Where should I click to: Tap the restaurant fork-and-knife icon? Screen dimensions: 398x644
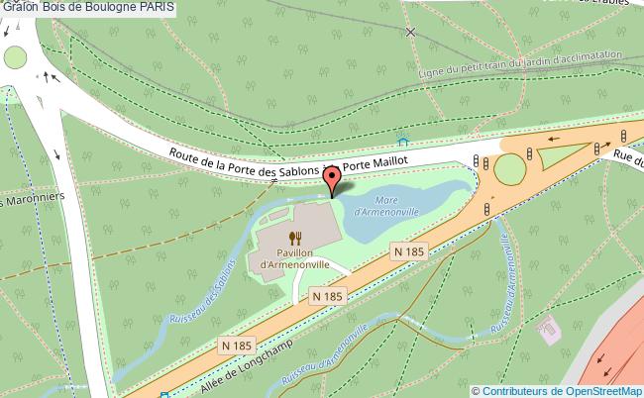coord(294,238)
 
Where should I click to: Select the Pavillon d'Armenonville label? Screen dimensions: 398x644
coord(294,258)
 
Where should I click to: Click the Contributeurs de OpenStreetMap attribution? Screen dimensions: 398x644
coord(555,390)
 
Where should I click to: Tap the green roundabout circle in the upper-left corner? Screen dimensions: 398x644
coord(14,57)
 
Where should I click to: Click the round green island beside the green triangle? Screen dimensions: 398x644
coord(509,169)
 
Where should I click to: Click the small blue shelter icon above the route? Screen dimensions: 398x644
coord(402,139)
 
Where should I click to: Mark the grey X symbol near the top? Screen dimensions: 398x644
coord(411,33)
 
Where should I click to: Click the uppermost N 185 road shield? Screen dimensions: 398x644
coord(408,253)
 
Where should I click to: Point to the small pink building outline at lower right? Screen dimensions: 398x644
coord(546,325)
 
